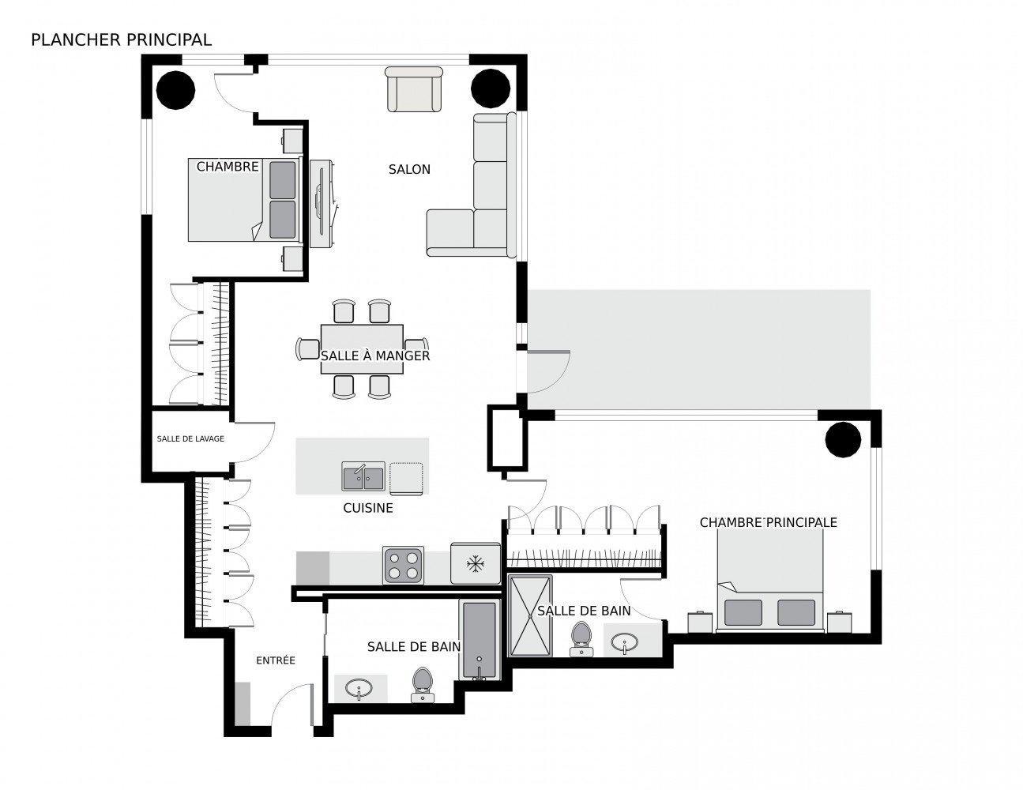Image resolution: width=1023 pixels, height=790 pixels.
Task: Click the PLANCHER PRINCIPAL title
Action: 121,39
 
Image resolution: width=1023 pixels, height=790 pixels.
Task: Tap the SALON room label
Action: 409,169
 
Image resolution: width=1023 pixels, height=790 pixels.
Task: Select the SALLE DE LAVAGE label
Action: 190,438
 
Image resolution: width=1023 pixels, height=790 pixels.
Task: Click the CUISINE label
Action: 367,508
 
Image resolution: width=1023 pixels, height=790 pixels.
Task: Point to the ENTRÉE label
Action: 275,660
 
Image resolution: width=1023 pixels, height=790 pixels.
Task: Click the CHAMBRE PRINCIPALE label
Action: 768,522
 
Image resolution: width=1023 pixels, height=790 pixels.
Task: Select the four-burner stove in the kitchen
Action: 403,565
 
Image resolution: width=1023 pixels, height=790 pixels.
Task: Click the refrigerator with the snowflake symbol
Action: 475,563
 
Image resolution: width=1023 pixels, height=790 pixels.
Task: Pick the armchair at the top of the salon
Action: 412,89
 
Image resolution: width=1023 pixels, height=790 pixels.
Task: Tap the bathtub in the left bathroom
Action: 480,641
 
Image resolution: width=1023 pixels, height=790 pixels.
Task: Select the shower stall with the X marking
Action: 530,616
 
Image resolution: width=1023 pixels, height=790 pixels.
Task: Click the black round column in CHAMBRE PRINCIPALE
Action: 842,440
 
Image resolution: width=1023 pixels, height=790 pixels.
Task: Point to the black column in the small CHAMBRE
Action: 175,89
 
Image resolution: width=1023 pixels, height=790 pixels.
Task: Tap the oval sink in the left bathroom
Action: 360,689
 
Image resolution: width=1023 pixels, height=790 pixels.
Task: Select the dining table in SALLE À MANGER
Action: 362,348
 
